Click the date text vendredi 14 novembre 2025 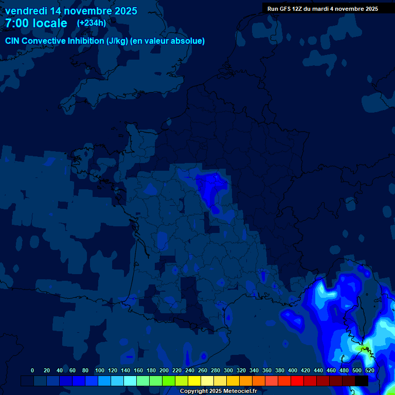[x=71, y=11]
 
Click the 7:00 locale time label [x=36, y=23]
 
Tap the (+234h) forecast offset [x=92, y=23]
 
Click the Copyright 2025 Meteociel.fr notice [x=218, y=391]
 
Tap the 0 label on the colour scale [x=32, y=370]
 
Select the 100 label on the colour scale [x=100, y=370]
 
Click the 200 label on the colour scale [x=164, y=370]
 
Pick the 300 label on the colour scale [x=228, y=370]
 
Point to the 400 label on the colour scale [x=293, y=370]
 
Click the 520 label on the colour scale [x=369, y=370]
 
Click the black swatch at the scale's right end [x=362, y=381]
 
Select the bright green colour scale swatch [x=169, y=381]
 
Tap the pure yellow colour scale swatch [x=194, y=381]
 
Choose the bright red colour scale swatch [x=297, y=381]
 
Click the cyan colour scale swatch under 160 [x=130, y=381]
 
